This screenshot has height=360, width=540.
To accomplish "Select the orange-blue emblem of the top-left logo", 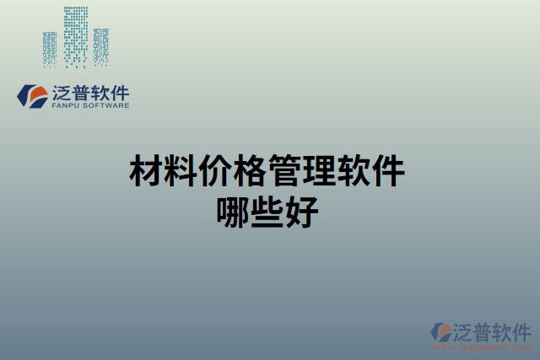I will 33,95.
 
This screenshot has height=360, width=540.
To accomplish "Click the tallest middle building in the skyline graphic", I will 76,36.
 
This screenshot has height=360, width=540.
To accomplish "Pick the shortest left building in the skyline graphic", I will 50,49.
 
